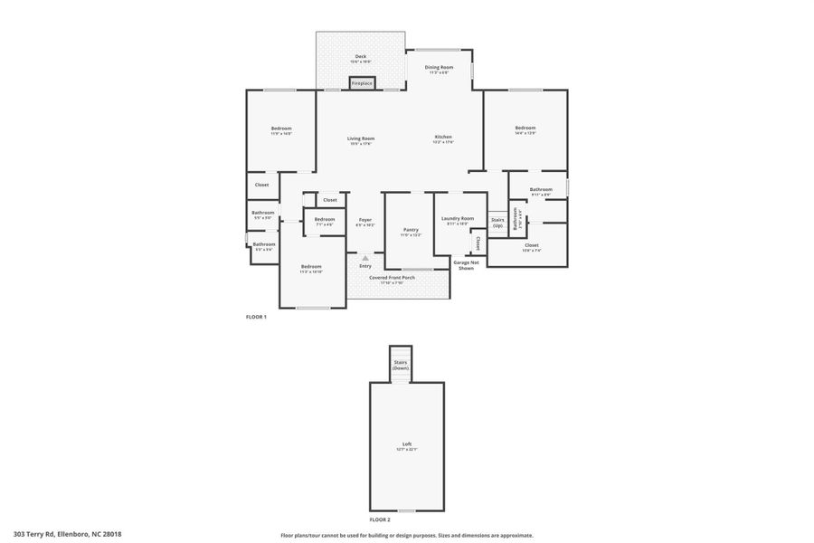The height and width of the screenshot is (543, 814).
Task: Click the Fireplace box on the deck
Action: click(x=362, y=83)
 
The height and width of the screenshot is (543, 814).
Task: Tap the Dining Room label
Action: click(x=440, y=68)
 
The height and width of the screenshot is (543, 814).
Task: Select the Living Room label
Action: click(x=361, y=138)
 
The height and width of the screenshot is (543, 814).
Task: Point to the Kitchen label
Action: click(x=442, y=138)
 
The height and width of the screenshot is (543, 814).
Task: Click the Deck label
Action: click(x=361, y=57)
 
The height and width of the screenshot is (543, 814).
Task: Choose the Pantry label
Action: click(x=411, y=230)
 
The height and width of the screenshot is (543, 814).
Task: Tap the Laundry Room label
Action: click(x=458, y=219)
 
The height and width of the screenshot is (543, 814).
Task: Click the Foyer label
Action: click(x=364, y=220)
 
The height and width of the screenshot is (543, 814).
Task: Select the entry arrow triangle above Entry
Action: click(x=365, y=257)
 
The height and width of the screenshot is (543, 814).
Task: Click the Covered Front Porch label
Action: click(x=398, y=278)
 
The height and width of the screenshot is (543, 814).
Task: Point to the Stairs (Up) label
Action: click(x=497, y=222)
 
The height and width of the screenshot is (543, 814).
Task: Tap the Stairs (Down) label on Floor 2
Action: click(x=401, y=366)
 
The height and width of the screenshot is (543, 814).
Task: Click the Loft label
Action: click(x=406, y=445)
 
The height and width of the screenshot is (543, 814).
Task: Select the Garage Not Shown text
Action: click(x=466, y=264)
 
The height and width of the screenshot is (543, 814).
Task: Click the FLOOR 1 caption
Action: click(x=256, y=317)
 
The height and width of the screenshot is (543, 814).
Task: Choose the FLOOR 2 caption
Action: click(x=380, y=519)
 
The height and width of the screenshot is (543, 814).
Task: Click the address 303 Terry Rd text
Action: click(x=67, y=534)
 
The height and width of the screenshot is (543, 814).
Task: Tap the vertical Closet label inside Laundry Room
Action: click(x=478, y=243)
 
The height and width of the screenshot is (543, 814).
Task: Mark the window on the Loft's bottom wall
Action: click(x=406, y=511)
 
